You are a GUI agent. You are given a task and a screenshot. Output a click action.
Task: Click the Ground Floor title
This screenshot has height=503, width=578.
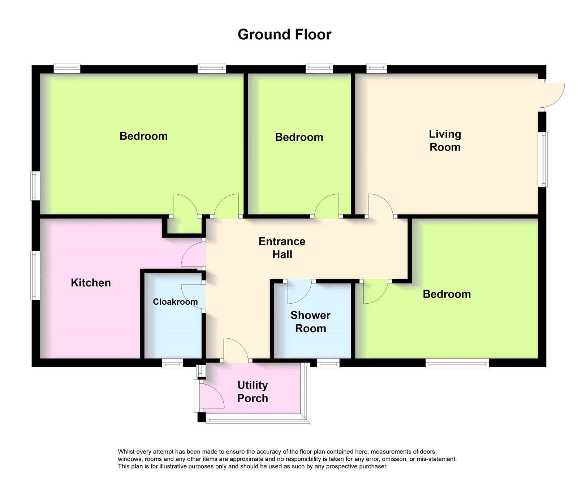284,35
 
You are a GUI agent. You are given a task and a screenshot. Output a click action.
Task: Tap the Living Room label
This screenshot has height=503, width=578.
445,140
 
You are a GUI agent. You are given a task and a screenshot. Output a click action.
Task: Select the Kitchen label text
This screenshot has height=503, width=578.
91,283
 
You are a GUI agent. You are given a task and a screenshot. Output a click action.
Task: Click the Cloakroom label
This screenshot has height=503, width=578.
175,302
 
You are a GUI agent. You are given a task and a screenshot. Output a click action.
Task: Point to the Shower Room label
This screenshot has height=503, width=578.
310,322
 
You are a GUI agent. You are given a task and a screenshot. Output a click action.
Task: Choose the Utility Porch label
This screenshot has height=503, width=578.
253,391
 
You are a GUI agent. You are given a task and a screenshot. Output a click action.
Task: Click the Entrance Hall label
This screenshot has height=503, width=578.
282,248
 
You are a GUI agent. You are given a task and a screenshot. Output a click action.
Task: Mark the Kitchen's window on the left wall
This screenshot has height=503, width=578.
35,276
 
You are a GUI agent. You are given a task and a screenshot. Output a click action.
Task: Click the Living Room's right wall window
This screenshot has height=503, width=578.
543,159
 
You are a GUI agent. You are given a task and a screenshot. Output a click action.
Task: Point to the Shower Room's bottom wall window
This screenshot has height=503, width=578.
328,363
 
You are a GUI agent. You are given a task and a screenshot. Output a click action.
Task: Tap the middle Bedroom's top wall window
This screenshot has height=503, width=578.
319,68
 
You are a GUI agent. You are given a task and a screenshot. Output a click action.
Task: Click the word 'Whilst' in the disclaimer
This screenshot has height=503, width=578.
126,452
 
